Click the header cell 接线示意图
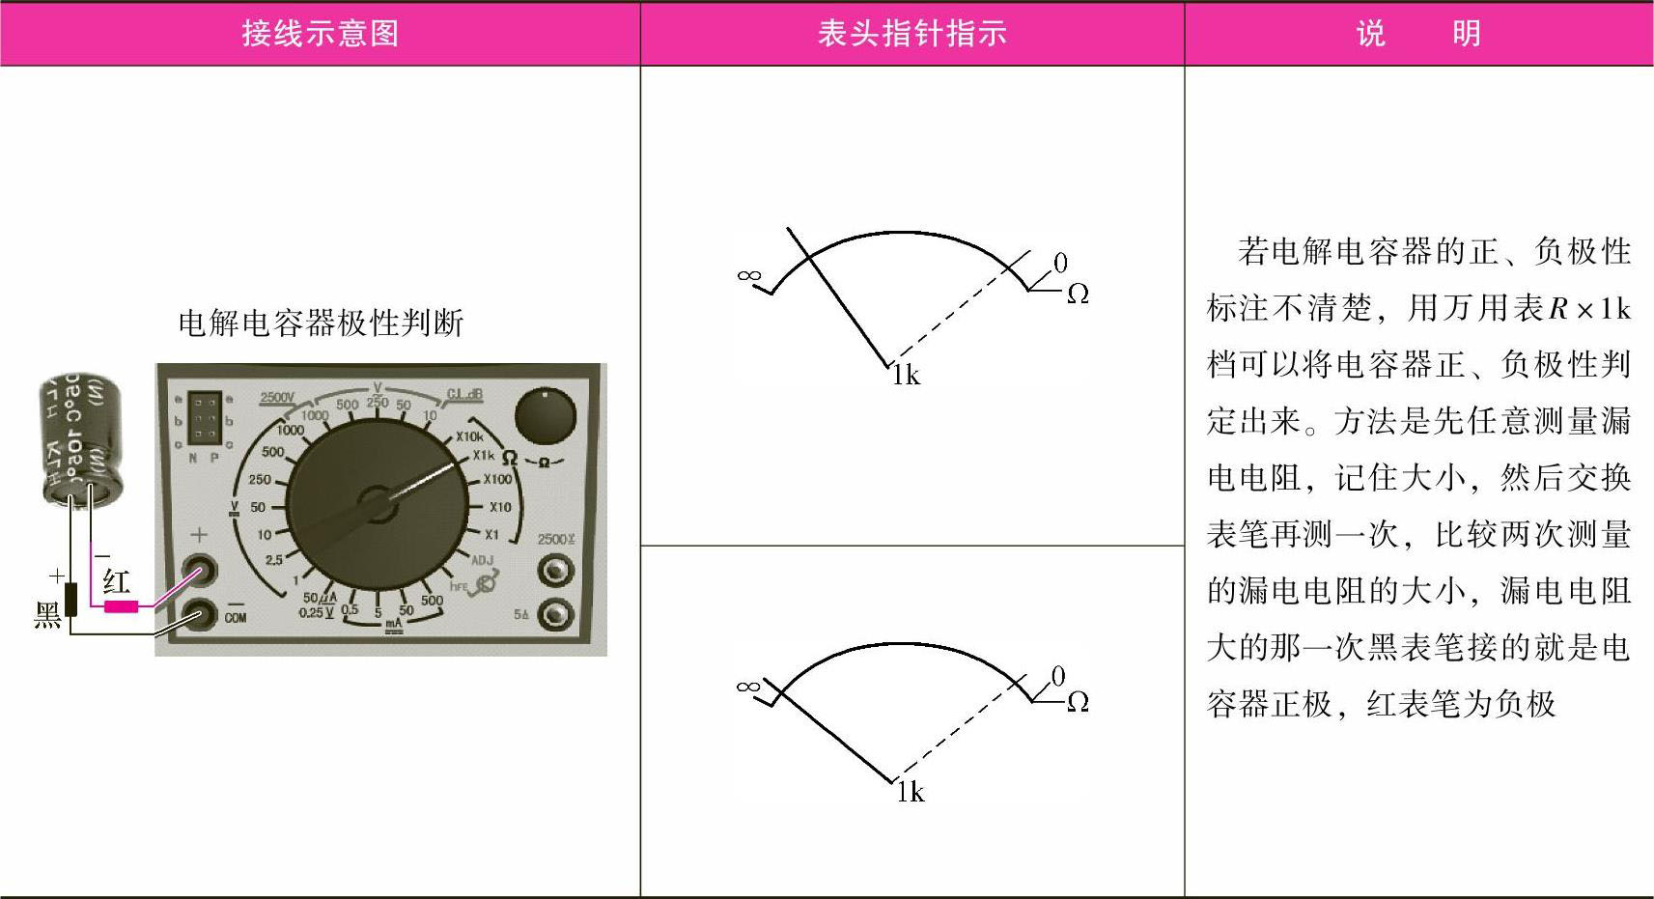click(x=320, y=34)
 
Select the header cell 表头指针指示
click(x=911, y=34)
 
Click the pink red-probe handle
click(x=121, y=606)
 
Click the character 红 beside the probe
click(x=117, y=581)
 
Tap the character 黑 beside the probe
click(x=46, y=615)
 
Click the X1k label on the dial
click(x=483, y=456)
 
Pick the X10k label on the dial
click(x=469, y=436)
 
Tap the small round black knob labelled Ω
click(x=545, y=416)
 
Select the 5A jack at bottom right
click(x=555, y=614)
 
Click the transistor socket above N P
click(x=204, y=417)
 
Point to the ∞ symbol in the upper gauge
click(x=748, y=275)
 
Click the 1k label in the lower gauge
click(x=910, y=793)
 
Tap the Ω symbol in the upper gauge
click(x=1078, y=294)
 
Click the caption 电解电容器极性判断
click(x=321, y=323)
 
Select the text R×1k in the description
click(x=1589, y=308)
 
